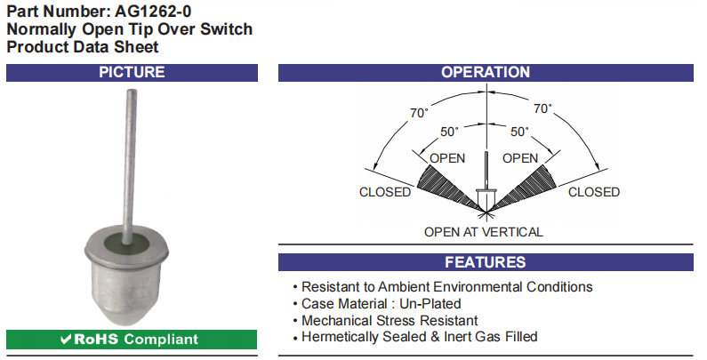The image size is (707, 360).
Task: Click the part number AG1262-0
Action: (153, 11)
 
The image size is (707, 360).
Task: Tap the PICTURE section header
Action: (132, 73)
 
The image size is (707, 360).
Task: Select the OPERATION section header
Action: (486, 73)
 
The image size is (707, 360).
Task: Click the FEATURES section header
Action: (486, 262)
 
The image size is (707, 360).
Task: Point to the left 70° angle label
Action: (419, 113)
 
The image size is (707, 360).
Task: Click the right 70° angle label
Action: (542, 108)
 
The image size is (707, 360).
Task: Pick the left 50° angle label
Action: (449, 132)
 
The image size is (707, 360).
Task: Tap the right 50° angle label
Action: (519, 132)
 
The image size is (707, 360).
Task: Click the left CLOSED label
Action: (385, 192)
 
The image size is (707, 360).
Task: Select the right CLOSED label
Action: (594, 192)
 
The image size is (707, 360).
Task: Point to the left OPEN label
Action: (447, 158)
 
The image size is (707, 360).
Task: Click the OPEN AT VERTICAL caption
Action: (484, 232)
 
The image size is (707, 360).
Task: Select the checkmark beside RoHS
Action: (66, 340)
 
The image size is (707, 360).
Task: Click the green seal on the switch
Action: (126, 244)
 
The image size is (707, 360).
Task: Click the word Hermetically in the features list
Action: (338, 337)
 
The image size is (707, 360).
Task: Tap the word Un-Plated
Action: (430, 304)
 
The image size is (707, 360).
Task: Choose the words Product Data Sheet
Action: (83, 47)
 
